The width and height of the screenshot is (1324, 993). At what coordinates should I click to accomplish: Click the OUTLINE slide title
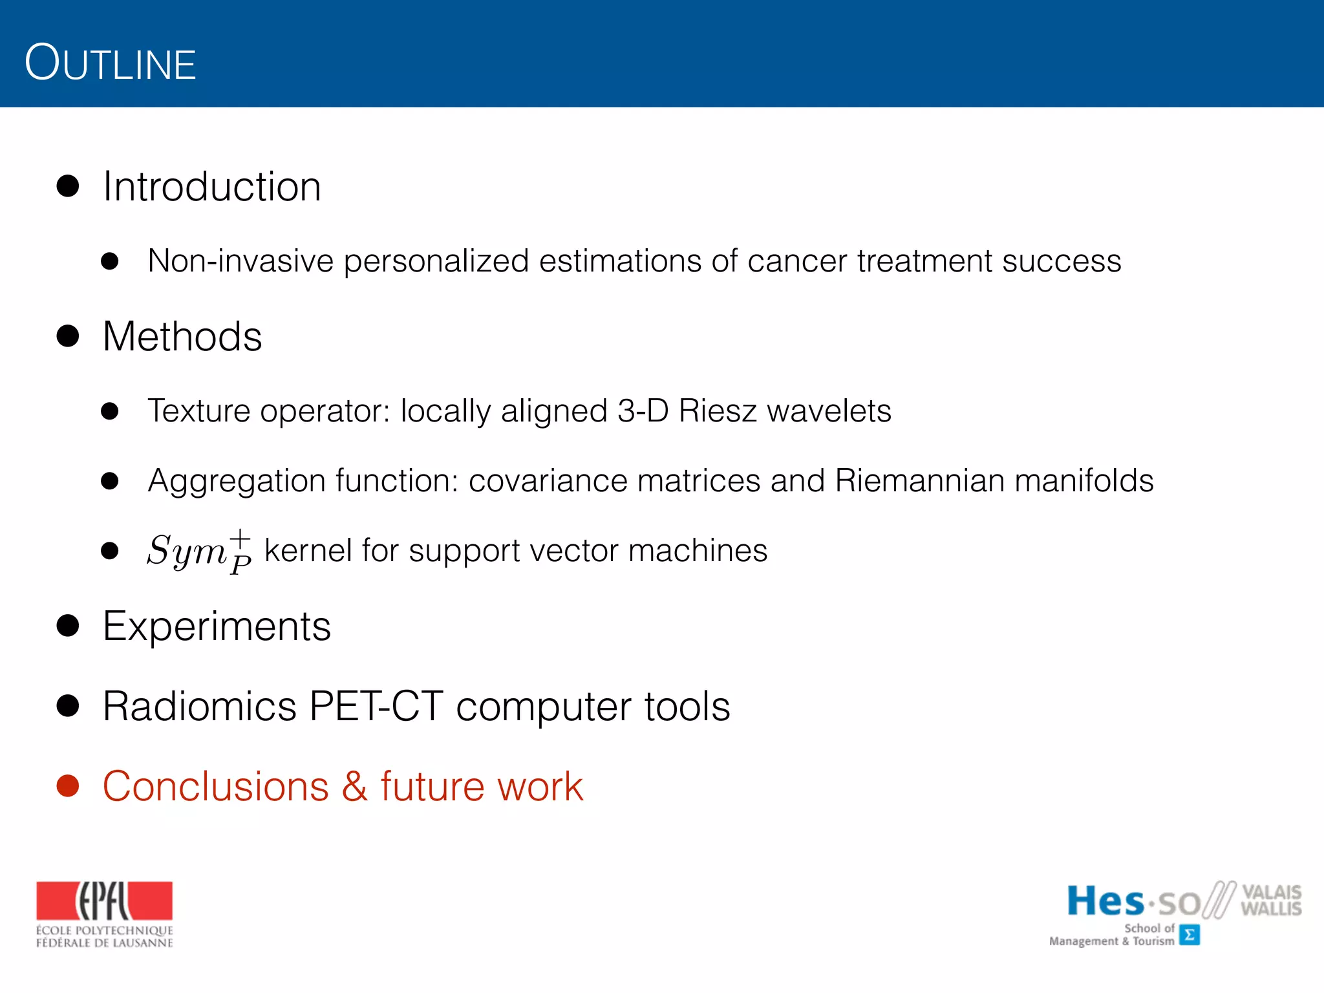click(110, 63)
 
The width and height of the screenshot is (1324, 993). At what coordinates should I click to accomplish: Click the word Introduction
click(211, 187)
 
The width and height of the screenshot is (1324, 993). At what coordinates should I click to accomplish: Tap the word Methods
click(182, 337)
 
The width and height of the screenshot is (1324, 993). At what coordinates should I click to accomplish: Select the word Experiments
click(217, 626)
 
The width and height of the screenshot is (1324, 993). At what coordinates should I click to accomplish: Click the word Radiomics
click(199, 706)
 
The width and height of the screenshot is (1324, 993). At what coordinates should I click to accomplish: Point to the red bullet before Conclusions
click(68, 786)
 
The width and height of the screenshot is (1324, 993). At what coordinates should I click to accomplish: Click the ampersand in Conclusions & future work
click(355, 787)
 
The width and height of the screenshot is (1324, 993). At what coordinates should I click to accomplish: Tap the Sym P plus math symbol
click(199, 551)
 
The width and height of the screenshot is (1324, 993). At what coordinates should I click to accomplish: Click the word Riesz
click(718, 411)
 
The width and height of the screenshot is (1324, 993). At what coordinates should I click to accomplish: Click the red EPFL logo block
click(104, 901)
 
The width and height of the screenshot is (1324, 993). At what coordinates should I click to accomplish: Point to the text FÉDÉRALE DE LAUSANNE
click(104, 943)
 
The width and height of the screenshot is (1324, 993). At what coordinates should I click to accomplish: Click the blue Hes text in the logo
click(1105, 901)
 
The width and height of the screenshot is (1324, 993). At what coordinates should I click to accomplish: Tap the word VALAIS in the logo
click(1271, 892)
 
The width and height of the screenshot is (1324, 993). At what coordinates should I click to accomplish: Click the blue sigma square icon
click(1189, 935)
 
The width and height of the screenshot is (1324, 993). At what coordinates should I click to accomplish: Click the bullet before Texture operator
click(110, 411)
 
